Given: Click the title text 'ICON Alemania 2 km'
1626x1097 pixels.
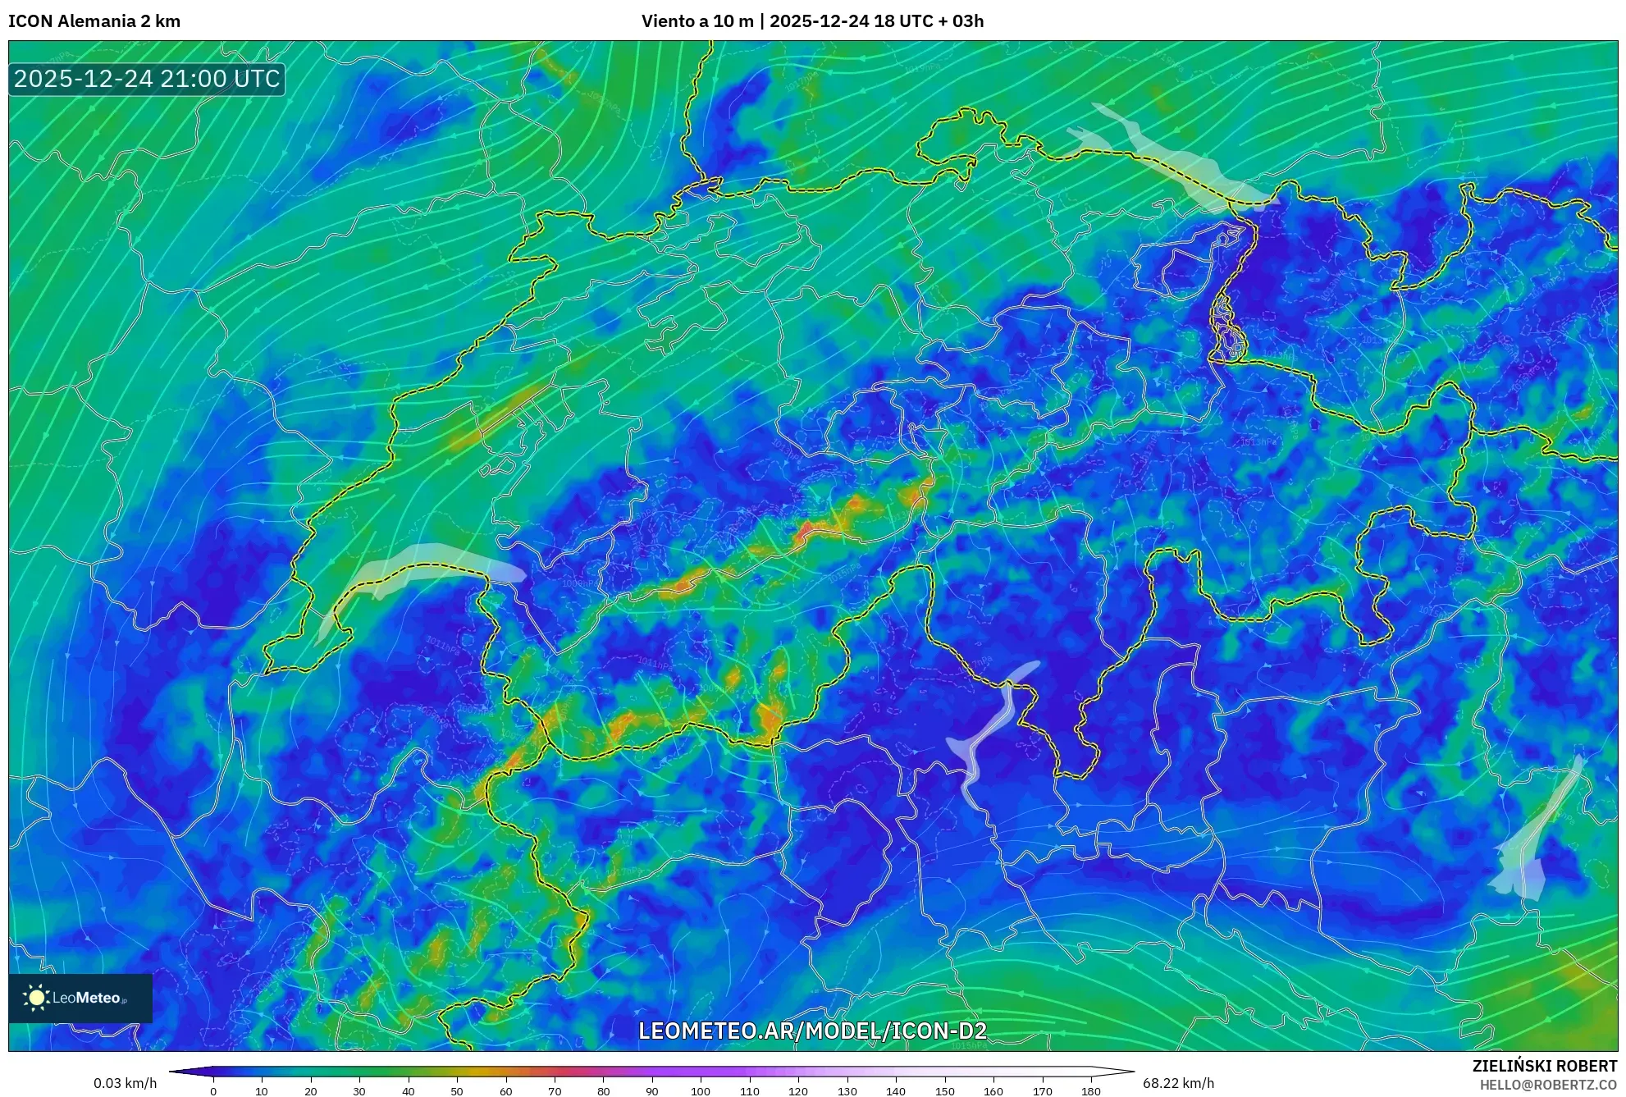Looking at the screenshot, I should [94, 21].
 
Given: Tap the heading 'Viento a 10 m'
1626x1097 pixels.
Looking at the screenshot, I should [697, 21].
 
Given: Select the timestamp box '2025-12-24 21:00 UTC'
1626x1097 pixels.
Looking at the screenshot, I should [147, 79].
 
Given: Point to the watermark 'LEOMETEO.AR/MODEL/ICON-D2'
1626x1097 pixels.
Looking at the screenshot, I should [812, 1031].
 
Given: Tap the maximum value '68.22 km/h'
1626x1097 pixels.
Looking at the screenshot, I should [1178, 1083].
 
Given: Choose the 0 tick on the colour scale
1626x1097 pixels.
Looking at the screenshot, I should [213, 1090].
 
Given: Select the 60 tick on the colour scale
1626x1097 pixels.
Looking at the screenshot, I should [506, 1090].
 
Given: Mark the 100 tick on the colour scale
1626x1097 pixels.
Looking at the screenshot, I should [701, 1090].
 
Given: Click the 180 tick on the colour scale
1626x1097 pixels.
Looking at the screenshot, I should [1090, 1090].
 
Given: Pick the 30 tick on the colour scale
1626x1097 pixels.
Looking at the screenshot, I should [359, 1090].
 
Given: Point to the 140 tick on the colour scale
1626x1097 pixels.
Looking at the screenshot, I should [896, 1090].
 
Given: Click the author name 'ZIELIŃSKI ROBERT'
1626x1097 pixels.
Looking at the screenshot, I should [1545, 1066].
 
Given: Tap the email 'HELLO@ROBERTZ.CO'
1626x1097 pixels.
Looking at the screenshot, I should [1548, 1085].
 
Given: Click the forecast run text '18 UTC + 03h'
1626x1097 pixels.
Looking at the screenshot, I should [929, 21].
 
